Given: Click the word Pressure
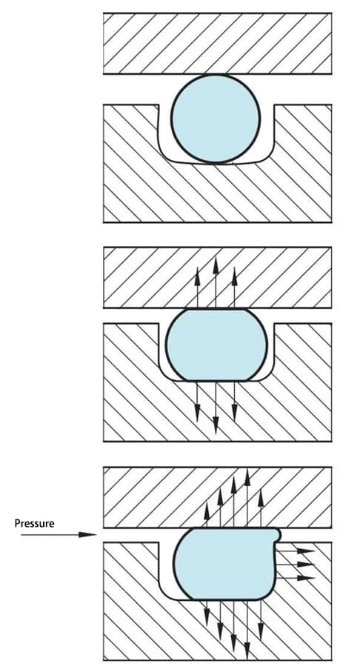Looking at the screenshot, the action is coord(34,523).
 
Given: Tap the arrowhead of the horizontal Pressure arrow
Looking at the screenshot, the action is coord(88,534).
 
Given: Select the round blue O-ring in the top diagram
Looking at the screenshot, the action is coord(216,119).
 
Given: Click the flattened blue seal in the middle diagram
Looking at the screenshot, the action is coord(216,345).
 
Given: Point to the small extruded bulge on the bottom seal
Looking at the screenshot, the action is coord(278,534).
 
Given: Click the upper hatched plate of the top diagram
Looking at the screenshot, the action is coord(217,43).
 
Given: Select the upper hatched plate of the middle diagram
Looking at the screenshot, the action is coord(217,277).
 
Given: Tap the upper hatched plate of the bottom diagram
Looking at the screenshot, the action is coord(217,497).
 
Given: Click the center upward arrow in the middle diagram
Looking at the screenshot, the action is coord(216,283).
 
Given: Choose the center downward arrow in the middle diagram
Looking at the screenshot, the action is coord(216,407).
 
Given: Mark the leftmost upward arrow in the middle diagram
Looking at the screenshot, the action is coord(197,287).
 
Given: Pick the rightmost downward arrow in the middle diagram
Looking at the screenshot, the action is coord(234,401).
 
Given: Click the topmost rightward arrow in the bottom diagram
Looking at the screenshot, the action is coord(296,550).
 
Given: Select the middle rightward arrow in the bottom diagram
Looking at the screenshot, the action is coord(296,564).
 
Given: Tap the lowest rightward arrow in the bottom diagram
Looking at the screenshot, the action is coord(296,578).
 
